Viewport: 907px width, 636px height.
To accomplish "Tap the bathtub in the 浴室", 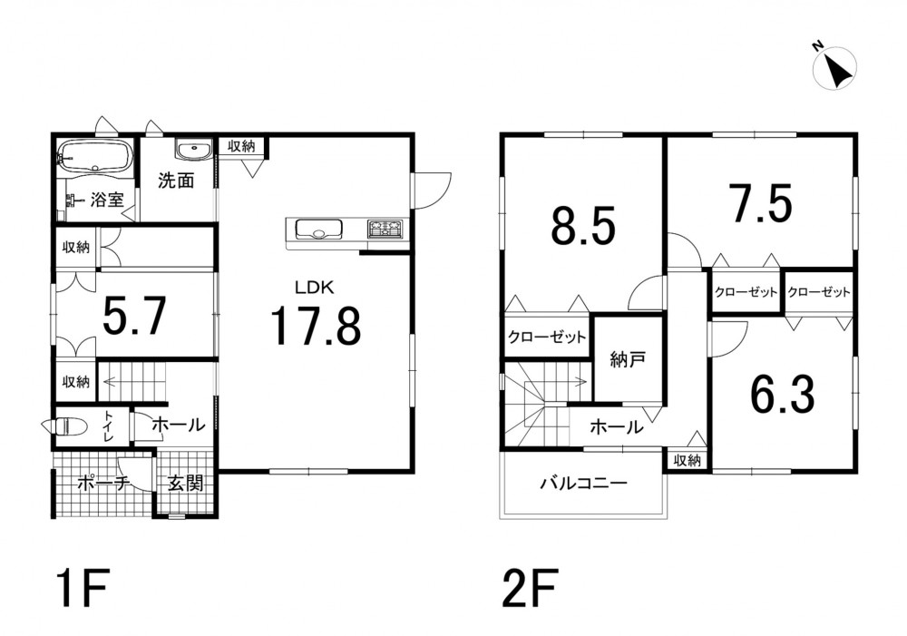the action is tap(95, 155).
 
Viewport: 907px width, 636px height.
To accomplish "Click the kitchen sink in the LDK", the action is tap(318, 229).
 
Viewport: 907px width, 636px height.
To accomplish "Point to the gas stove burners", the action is tap(385, 228).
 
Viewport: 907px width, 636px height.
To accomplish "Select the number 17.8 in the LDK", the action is tap(316, 326).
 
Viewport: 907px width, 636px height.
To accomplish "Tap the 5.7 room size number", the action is tap(134, 316).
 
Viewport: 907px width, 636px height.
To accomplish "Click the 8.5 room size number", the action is tap(582, 225).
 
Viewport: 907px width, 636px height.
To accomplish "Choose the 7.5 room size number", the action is tap(760, 202).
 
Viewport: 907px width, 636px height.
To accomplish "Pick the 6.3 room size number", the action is tap(782, 394).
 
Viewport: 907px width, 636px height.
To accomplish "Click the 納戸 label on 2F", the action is tap(628, 360).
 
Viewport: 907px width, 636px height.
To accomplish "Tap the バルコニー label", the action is tap(583, 482).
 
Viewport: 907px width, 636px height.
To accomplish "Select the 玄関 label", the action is tap(186, 484).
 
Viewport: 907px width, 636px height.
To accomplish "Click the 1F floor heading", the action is tap(83, 588).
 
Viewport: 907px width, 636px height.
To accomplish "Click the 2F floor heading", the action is tap(531, 588).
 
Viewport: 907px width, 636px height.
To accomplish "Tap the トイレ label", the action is tap(109, 426).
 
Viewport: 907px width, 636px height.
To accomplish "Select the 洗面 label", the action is tap(176, 181).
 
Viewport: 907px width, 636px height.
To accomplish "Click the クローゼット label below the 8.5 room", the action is tap(547, 337).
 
